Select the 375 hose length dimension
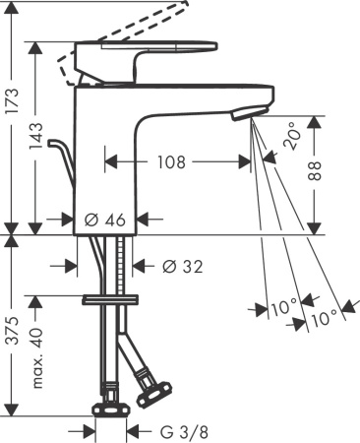point(12,335)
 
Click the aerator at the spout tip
point(245,116)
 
